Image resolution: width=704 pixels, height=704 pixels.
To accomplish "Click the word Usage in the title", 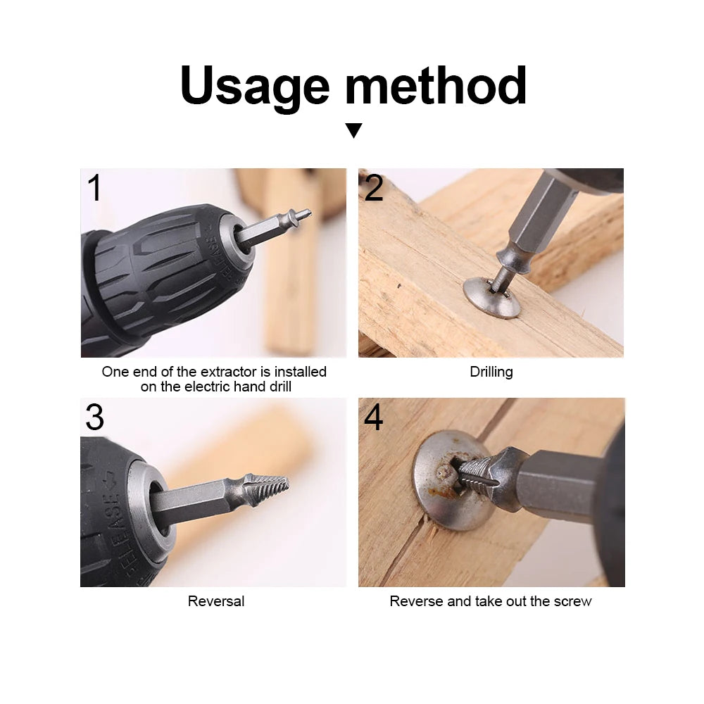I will tap(254, 86).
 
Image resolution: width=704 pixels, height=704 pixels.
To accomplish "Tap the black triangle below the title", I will tap(353, 130).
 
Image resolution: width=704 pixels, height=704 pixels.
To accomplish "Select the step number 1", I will tap(94, 188).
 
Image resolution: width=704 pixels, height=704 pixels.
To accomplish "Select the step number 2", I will tap(374, 188).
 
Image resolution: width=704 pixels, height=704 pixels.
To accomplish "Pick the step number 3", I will tap(94, 417).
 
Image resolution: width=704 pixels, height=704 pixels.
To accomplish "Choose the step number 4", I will tap(373, 417).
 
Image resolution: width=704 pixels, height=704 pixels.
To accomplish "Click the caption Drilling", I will tap(491, 372).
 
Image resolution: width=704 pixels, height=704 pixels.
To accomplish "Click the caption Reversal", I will tap(216, 601).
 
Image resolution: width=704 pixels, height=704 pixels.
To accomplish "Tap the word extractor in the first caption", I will tap(204, 372).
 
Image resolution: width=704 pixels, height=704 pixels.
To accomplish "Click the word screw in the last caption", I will tap(572, 601).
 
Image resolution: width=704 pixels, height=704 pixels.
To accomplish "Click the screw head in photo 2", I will tap(491, 296).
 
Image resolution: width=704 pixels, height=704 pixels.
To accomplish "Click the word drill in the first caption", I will tap(275, 386).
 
